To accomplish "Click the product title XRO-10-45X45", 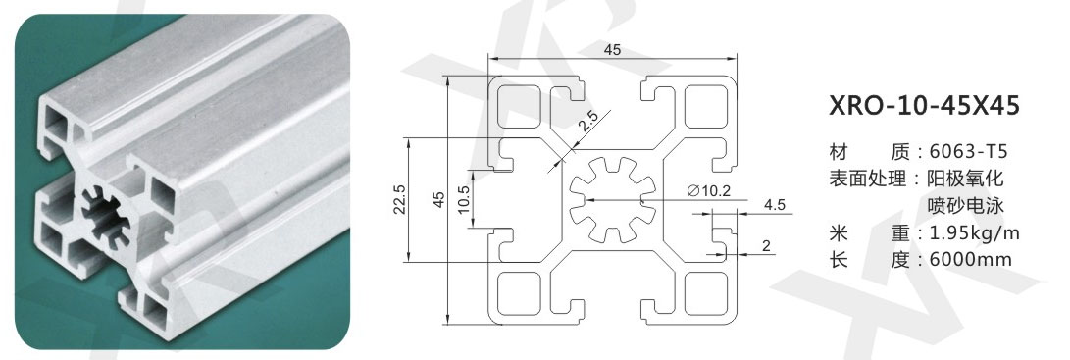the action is click(924, 107).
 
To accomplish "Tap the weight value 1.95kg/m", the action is click(975, 233).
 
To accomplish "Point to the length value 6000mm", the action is click(970, 260).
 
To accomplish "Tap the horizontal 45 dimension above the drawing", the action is click(613, 49).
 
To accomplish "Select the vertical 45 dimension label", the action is click(439, 199).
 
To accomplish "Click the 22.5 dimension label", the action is click(400, 199).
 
